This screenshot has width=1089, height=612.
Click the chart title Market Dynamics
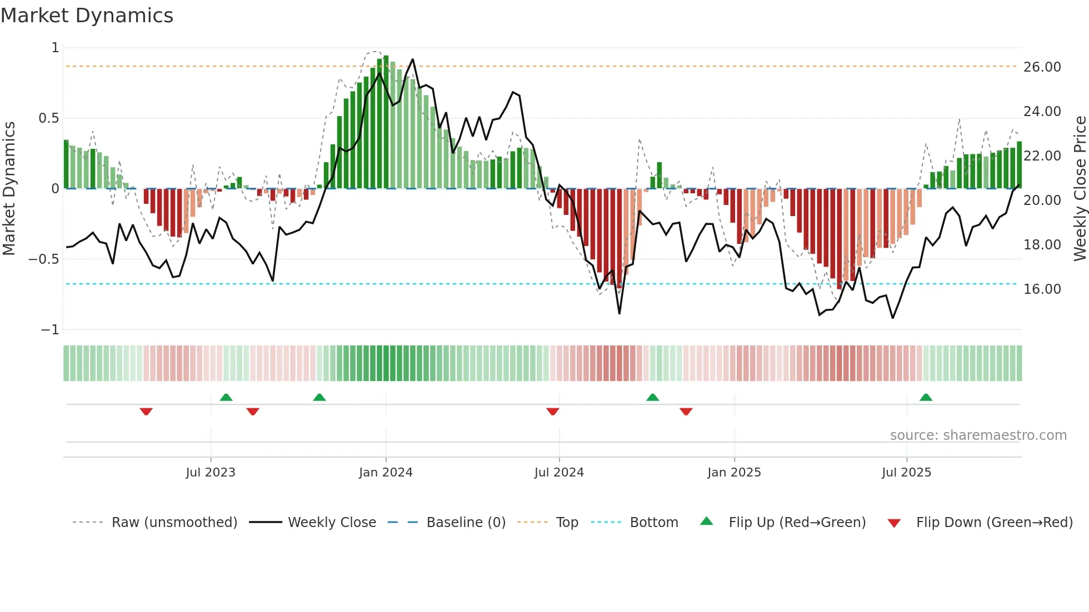87,16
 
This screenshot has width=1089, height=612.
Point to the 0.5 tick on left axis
48,118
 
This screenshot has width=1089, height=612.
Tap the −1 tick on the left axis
49,330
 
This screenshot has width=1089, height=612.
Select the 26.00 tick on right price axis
1042,67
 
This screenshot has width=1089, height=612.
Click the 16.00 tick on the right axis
1042,289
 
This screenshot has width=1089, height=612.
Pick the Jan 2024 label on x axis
386,473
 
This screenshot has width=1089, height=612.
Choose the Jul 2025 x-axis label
906,473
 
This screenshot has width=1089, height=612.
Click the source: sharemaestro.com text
978,435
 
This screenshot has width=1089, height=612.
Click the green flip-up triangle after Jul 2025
926,398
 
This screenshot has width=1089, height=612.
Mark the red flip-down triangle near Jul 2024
552,412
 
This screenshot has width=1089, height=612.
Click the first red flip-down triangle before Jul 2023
146,412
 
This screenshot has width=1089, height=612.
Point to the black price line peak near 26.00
413,59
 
